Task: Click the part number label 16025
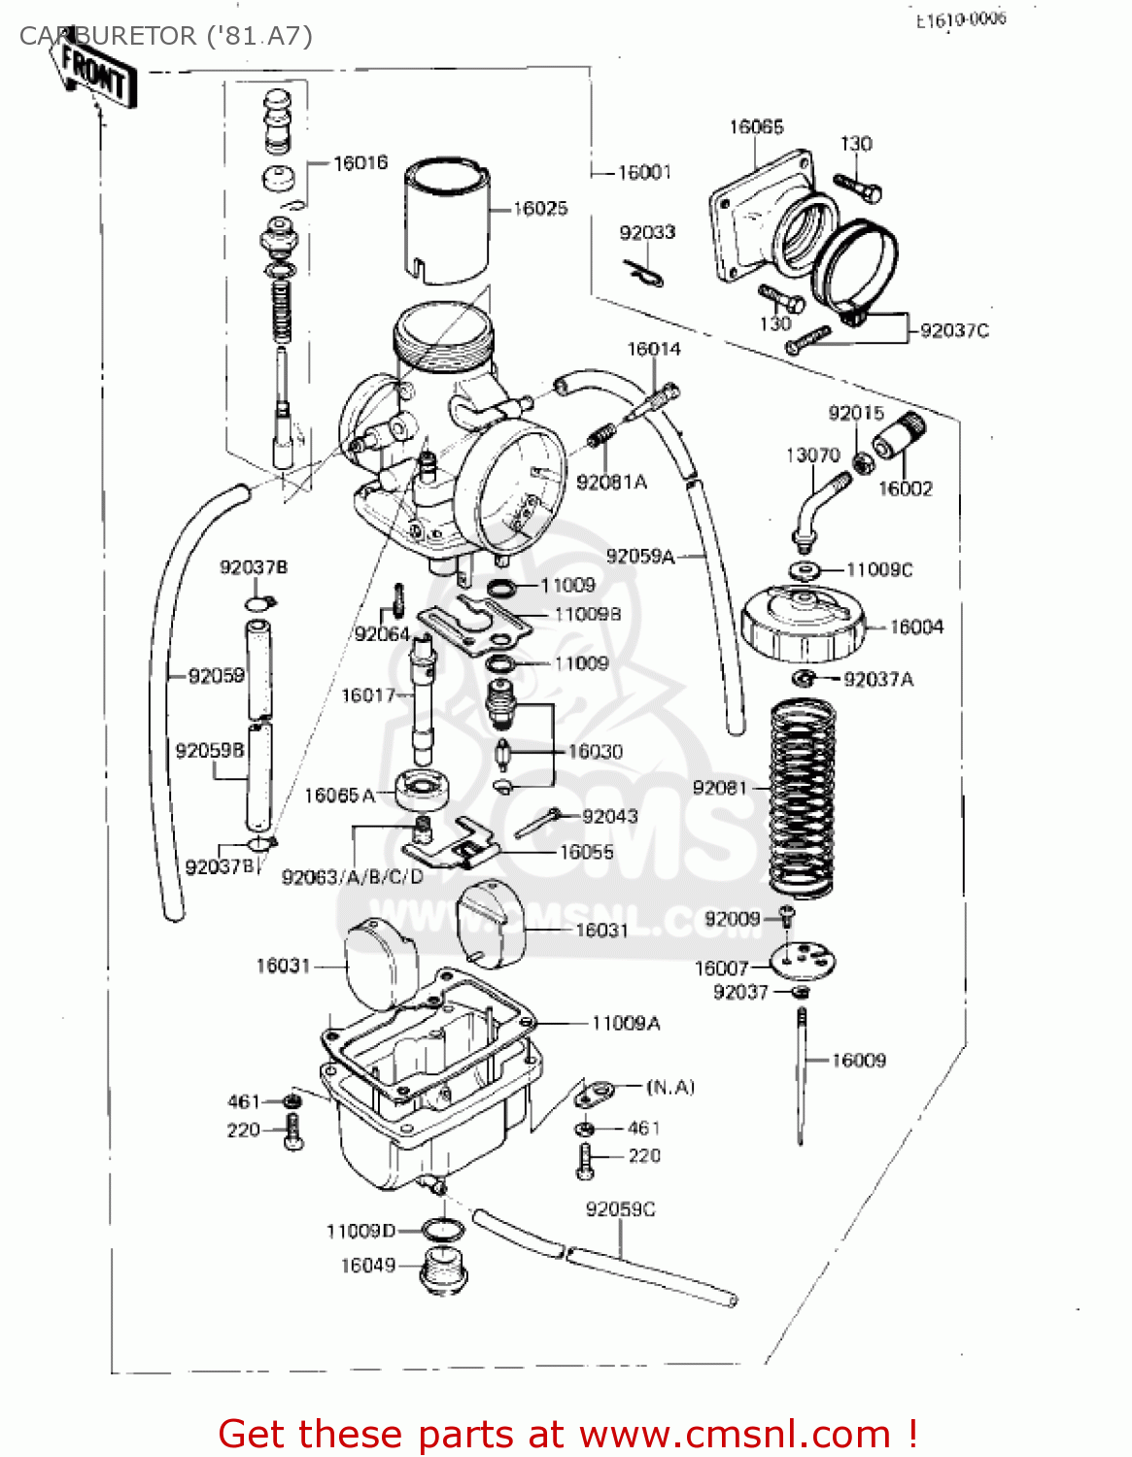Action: pos(540,209)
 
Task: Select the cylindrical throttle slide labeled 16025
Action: pos(446,223)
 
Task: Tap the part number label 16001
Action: pos(644,173)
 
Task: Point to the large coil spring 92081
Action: pos(803,796)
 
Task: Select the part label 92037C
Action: pos(954,331)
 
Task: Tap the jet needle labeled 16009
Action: pos(803,1073)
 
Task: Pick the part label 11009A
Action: pos(626,1024)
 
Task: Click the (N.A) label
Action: pos(670,1087)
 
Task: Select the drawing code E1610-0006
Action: pos(961,19)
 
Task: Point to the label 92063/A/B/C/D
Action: pos(353,877)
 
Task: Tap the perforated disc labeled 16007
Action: pos(803,962)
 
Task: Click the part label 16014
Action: pos(653,350)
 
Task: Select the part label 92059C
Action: pos(620,1209)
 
